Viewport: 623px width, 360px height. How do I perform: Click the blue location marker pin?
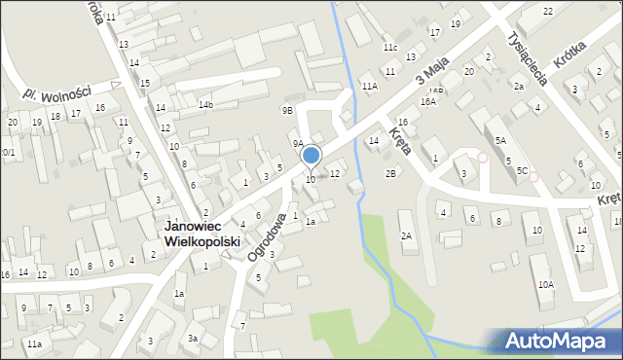(311, 156)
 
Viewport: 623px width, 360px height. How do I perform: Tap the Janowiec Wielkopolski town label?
(205, 234)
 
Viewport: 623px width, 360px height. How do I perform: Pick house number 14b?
(205, 104)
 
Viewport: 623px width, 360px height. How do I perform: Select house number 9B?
(287, 111)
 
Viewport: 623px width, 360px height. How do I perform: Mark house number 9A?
(299, 143)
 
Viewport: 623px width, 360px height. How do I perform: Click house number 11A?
(370, 87)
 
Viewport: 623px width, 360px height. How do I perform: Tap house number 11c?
(390, 48)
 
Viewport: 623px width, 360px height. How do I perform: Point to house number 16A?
(428, 101)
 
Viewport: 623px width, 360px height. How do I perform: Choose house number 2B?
(390, 173)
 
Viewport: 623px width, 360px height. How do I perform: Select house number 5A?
(500, 141)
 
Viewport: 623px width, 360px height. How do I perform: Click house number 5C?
(523, 171)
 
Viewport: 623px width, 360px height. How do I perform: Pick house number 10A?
(545, 284)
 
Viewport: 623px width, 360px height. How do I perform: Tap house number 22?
(548, 11)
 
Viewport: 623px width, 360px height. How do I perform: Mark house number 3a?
(194, 338)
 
